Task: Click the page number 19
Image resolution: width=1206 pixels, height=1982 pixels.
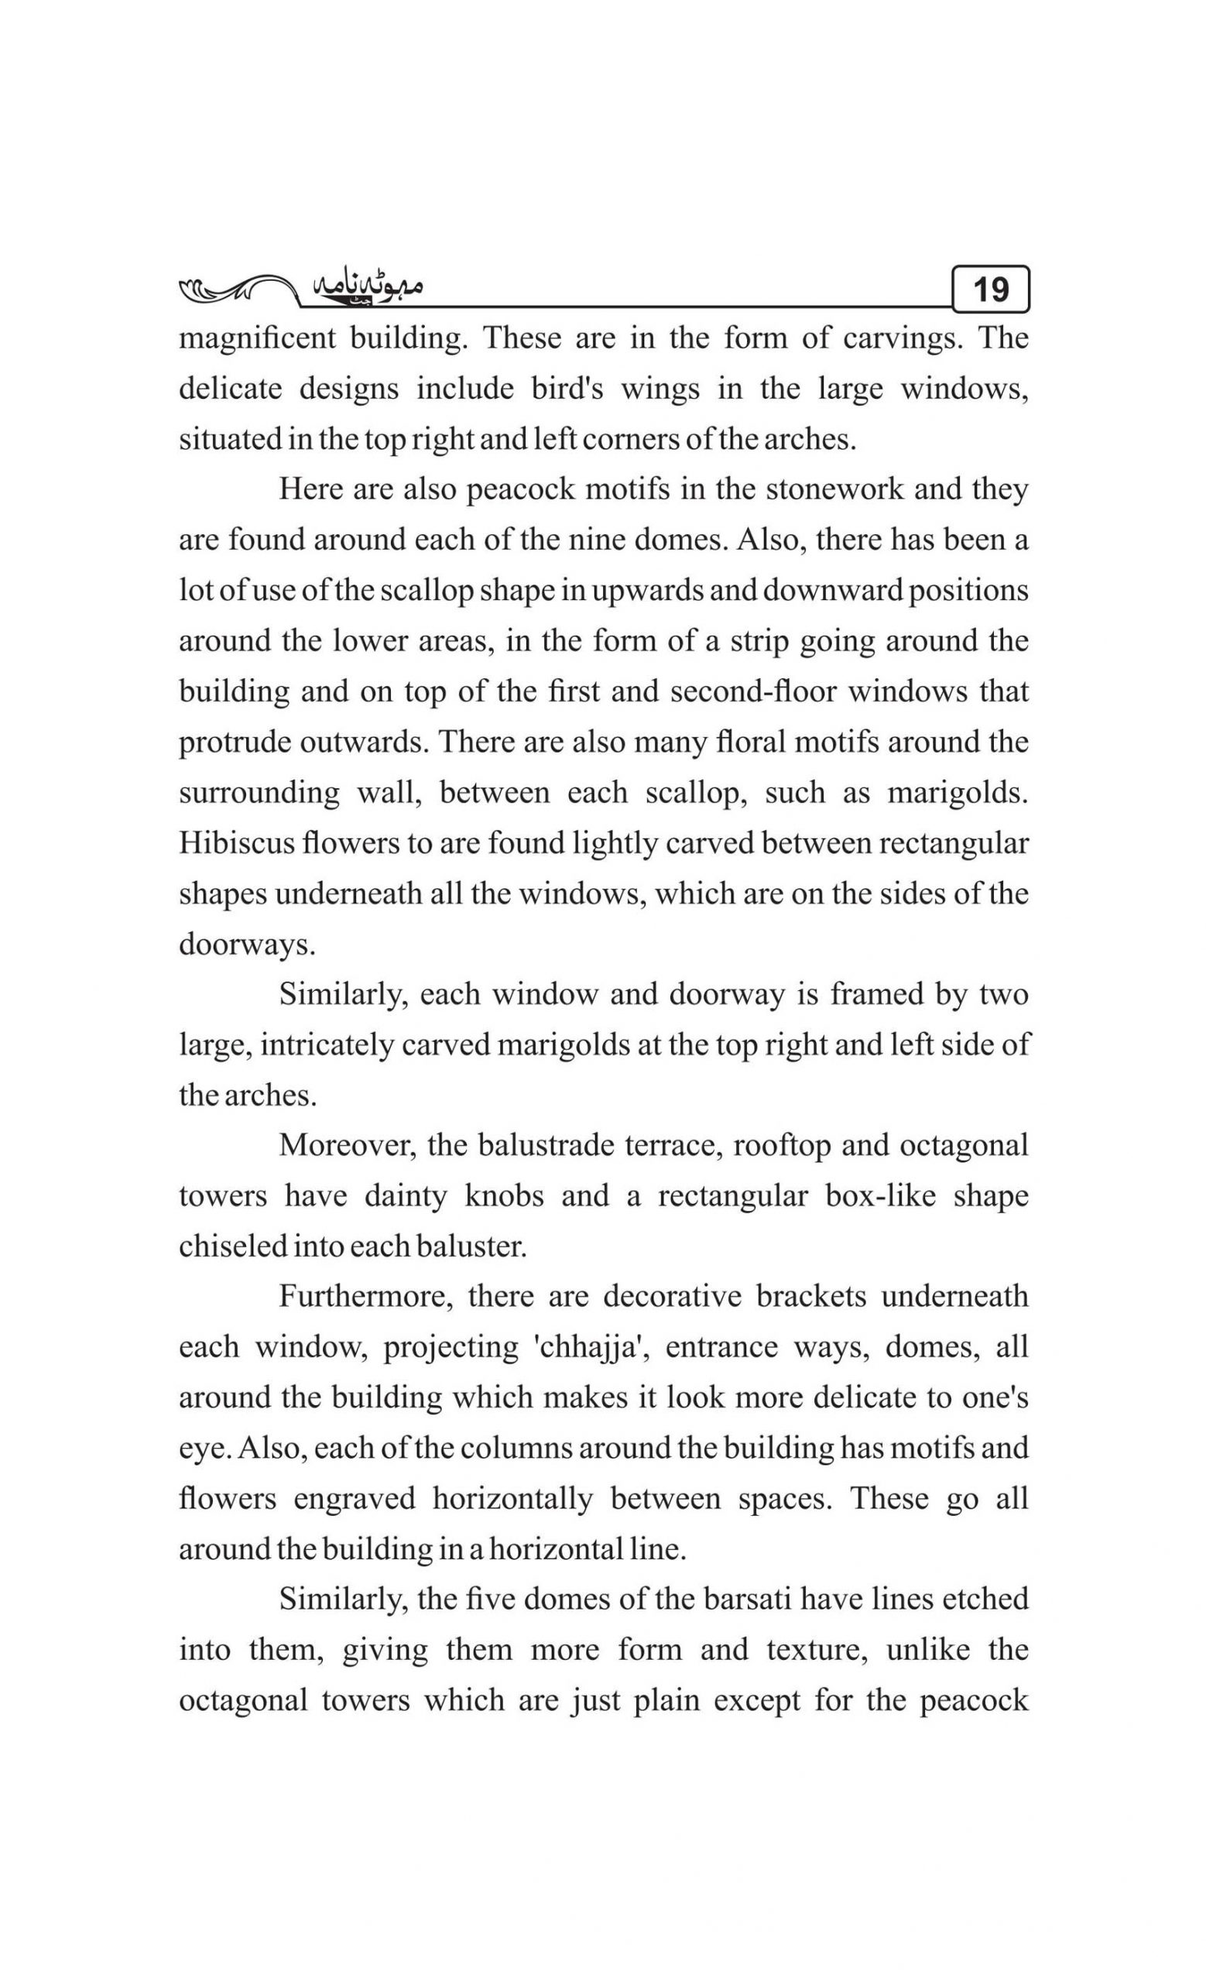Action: (990, 289)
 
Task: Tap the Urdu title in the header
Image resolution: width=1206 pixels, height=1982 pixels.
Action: (366, 288)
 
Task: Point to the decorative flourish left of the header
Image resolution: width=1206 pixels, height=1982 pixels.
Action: (233, 290)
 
